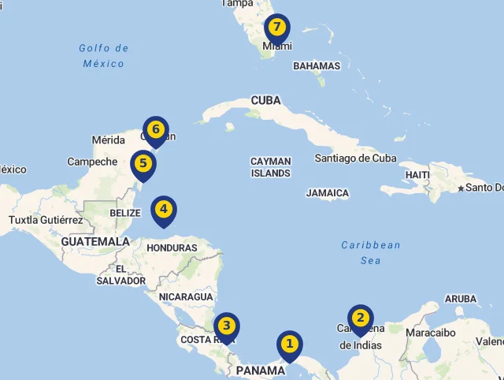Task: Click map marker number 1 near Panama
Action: [289, 344]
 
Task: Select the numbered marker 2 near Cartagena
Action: [360, 319]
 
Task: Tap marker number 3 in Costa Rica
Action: [226, 326]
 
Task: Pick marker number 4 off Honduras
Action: [163, 210]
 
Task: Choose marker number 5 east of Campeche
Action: [143, 164]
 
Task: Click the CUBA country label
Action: [265, 100]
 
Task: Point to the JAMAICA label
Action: [328, 193]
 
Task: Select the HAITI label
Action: [417, 174]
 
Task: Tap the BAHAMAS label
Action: [317, 66]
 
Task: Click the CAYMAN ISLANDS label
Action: [271, 167]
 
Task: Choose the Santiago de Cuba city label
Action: [355, 158]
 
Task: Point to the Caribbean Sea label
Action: [371, 252]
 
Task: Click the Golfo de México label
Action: [104, 56]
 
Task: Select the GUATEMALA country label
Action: [95, 241]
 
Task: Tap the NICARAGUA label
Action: [186, 296]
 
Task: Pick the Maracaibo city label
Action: [428, 333]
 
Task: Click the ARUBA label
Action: [461, 299]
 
